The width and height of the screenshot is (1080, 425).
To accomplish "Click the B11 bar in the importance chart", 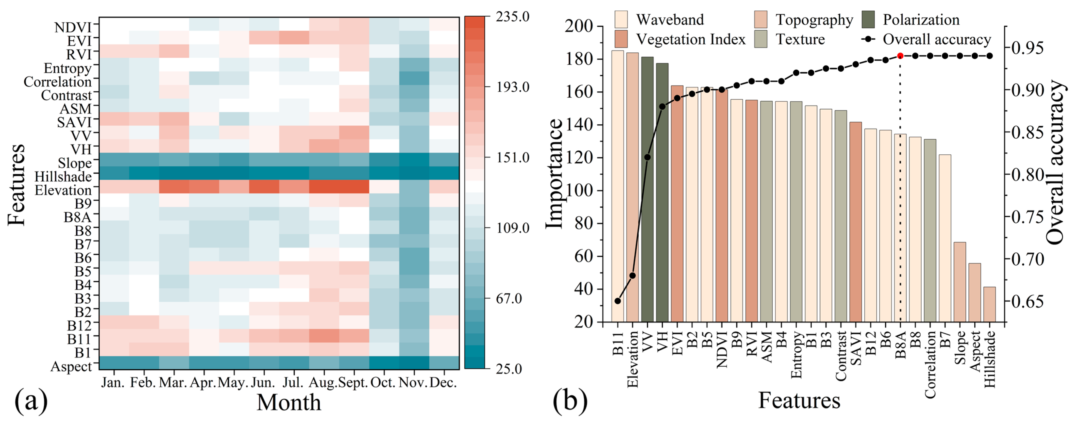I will pyautogui.click(x=618, y=186).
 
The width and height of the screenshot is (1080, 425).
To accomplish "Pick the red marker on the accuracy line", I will pyautogui.click(x=900, y=56).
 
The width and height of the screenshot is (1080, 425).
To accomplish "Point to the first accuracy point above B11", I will pyautogui.click(x=618, y=301).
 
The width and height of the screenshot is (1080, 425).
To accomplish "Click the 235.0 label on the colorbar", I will pyautogui.click(x=512, y=17).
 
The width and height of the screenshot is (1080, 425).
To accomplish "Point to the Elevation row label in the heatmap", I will pyautogui.click(x=63, y=190).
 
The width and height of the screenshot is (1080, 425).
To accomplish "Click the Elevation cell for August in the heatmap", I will pyautogui.click(x=324, y=186).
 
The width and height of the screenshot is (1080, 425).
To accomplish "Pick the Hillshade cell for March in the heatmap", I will pyautogui.click(x=174, y=173).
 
